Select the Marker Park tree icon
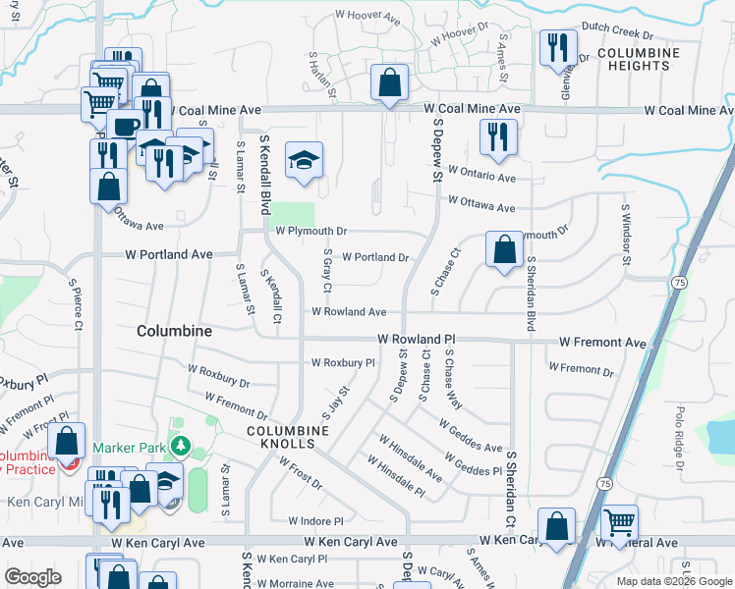click(x=180, y=448)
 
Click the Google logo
click(x=32, y=577)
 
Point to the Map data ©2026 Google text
click(x=673, y=581)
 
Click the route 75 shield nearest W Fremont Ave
click(x=679, y=282)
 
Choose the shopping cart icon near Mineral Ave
click(x=619, y=522)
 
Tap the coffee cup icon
click(x=124, y=126)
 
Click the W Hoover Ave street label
click(x=367, y=18)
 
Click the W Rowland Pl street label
click(x=418, y=338)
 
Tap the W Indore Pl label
click(x=315, y=521)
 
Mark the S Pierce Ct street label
click(x=76, y=303)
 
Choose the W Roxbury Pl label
click(x=343, y=362)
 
